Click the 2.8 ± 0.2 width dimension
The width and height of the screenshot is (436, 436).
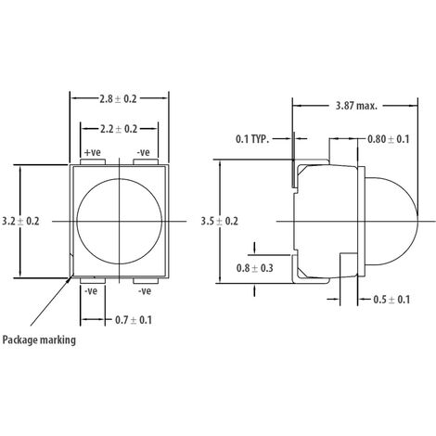click(x=118, y=99)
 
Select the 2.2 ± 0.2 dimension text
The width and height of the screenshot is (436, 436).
click(x=119, y=129)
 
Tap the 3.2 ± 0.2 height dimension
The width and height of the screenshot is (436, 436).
click(x=20, y=222)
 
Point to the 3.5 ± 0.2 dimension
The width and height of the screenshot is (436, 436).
click(x=220, y=222)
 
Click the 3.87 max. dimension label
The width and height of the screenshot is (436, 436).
click(x=356, y=106)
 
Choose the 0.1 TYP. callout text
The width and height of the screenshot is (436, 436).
click(x=252, y=139)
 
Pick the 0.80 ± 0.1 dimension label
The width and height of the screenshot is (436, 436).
click(x=388, y=139)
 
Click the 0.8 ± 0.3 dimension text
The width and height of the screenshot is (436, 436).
click(x=255, y=268)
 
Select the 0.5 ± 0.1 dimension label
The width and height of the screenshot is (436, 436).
click(x=391, y=300)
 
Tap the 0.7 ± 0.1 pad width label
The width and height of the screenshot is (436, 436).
click(x=134, y=320)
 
